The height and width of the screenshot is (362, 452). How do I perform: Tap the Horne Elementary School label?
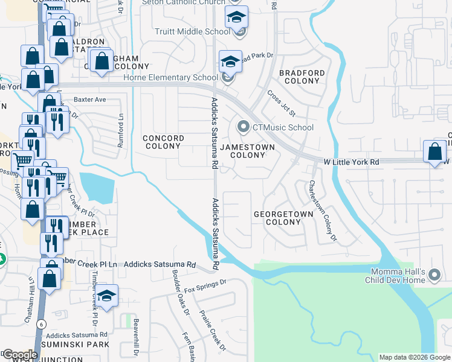170,77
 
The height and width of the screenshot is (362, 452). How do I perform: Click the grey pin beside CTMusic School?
244,127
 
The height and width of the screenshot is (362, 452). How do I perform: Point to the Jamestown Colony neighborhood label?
248,151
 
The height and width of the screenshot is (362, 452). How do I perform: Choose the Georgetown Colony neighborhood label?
283,218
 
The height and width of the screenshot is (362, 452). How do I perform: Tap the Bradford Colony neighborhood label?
302,77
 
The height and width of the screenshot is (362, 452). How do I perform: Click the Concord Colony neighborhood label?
163,142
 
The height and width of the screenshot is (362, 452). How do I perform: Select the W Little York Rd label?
351,162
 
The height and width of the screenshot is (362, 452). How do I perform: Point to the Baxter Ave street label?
90,99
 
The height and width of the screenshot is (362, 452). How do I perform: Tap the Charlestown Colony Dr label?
322,211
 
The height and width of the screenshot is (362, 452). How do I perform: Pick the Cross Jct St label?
281,103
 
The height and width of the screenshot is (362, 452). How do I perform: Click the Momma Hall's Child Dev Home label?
396,276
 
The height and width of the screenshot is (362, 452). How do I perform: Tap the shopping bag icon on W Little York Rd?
434,152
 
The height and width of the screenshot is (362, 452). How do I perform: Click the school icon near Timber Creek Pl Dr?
107,297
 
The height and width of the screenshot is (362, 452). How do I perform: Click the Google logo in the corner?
20,355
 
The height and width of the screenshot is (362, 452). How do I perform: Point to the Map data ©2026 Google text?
414,357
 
